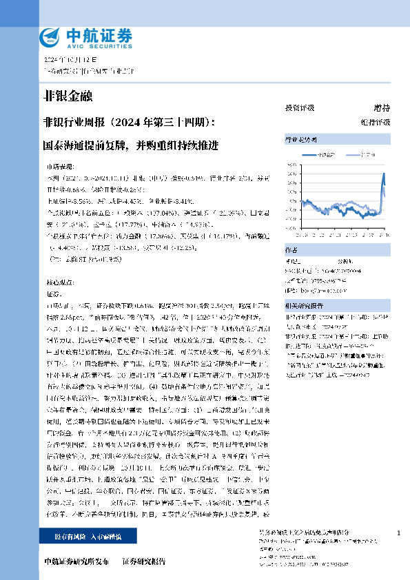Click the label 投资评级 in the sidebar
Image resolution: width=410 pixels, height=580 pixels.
coord(300,108)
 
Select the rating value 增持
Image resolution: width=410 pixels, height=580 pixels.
coord(382,108)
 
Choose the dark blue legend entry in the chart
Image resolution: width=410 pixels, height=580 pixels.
coord(325,156)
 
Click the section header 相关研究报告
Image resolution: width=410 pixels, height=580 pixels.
coord(304,304)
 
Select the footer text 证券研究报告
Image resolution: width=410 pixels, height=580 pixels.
coord(144,562)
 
